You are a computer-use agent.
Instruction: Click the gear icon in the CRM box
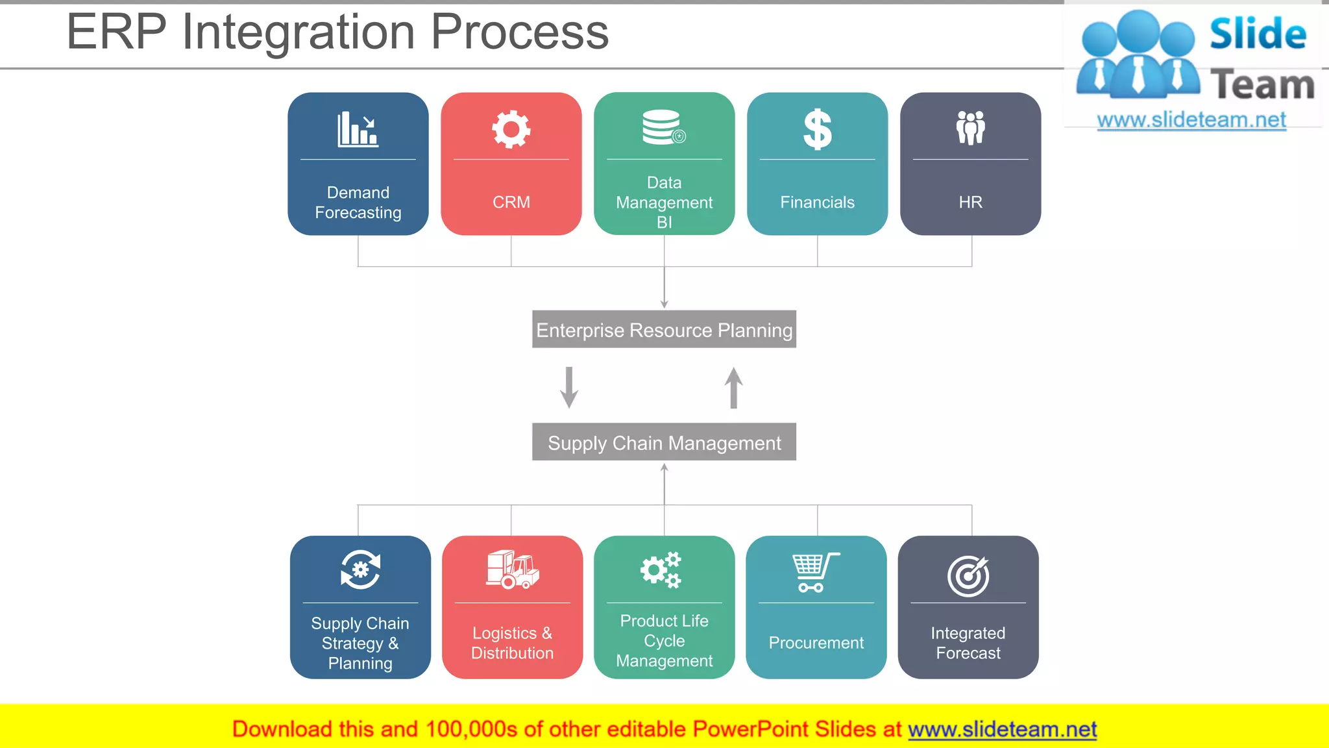511,129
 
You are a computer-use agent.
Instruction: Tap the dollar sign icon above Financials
817,129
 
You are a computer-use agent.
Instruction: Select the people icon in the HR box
970,128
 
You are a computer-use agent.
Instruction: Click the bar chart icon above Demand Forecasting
358,129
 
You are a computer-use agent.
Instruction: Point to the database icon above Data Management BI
663,127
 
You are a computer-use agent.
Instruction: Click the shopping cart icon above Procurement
814,572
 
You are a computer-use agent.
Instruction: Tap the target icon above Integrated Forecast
968,575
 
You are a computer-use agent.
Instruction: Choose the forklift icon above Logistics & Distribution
513,570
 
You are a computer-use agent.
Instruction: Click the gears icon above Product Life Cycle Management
661,570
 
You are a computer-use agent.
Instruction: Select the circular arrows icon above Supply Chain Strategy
360,570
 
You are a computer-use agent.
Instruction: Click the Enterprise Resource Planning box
664,330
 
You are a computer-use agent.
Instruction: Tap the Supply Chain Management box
664,443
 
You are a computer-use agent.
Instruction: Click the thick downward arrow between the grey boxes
569,388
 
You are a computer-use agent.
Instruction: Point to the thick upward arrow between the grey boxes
733,388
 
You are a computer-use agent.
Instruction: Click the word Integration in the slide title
299,32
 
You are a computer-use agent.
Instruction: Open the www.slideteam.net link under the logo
1191,120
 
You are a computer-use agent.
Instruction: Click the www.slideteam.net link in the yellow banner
1002,730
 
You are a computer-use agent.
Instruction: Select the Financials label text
817,203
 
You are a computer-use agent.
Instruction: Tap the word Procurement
816,643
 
